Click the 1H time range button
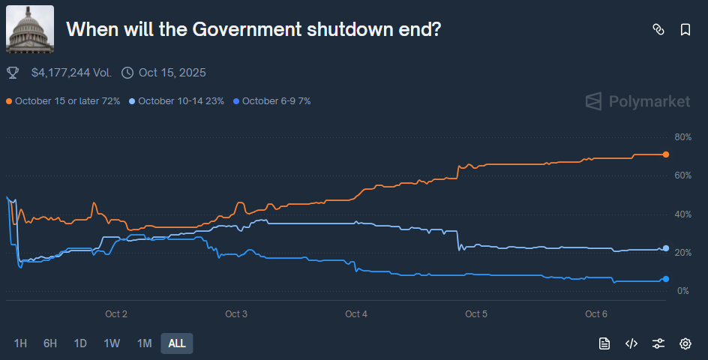click(x=20, y=343)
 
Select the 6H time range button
click(x=50, y=343)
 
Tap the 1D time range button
click(x=80, y=343)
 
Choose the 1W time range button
click(x=112, y=343)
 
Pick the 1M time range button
click(x=144, y=343)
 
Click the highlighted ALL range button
click(x=177, y=343)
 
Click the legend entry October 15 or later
click(x=64, y=101)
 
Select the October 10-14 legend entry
click(x=177, y=101)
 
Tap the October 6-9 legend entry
click(x=272, y=101)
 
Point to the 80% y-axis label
click(x=682, y=137)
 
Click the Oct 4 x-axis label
click(x=356, y=314)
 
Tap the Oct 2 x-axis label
click(x=116, y=314)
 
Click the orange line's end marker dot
click(x=665, y=154)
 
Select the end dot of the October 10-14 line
click(x=666, y=248)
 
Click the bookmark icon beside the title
click(x=685, y=30)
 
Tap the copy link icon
click(x=658, y=30)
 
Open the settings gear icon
click(x=685, y=343)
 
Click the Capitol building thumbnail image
click(x=30, y=29)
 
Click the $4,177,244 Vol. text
click(x=71, y=73)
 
